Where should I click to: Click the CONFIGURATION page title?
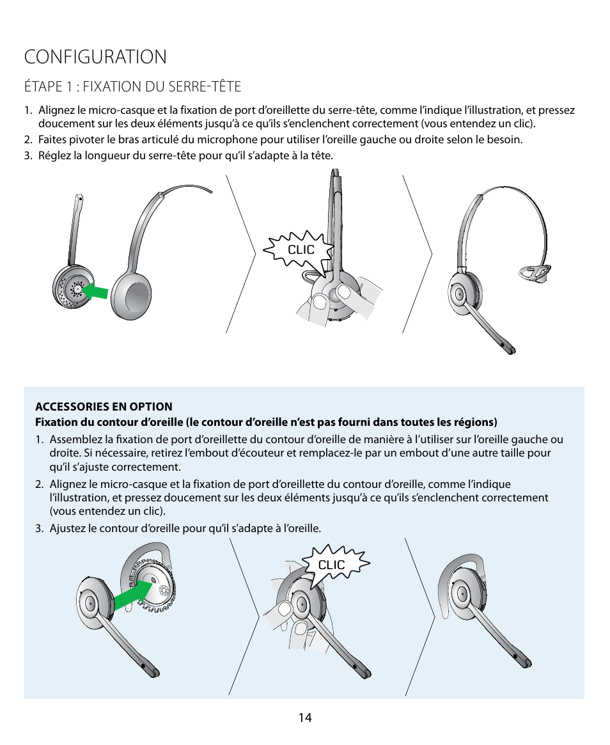pyautogui.click(x=95, y=57)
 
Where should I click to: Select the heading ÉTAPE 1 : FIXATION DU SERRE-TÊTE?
pyautogui.click(x=132, y=86)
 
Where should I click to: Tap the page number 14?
pyautogui.click(x=305, y=718)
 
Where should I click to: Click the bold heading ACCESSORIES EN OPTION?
pyautogui.click(x=104, y=407)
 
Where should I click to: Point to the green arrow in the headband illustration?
pyautogui.click(x=97, y=291)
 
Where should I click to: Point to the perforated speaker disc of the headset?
pyautogui.click(x=72, y=289)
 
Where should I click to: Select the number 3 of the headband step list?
pyautogui.click(x=27, y=155)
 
